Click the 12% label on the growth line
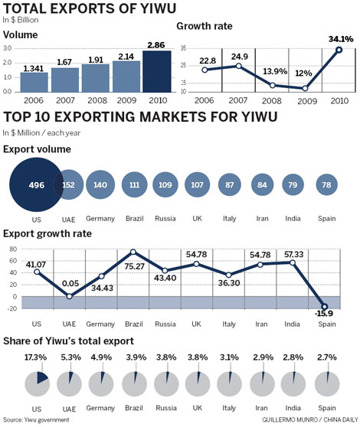pos(304,73)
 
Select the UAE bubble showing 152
pos(69,184)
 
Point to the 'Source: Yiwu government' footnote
pos(37,419)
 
